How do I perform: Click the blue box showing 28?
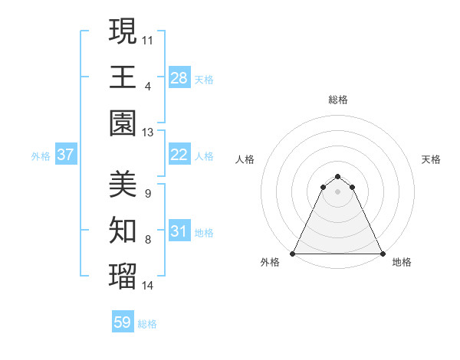point(179,78)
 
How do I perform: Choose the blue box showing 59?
point(123,323)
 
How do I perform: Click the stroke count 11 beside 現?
point(148,38)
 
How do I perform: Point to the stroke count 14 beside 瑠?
point(148,286)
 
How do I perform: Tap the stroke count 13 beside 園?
point(148,133)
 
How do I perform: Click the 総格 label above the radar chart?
point(338,100)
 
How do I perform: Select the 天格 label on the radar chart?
point(432,159)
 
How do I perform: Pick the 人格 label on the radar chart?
point(245,159)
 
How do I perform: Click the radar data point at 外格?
point(293,254)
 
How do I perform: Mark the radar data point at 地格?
point(383,254)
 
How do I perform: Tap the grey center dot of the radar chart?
point(338,191)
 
